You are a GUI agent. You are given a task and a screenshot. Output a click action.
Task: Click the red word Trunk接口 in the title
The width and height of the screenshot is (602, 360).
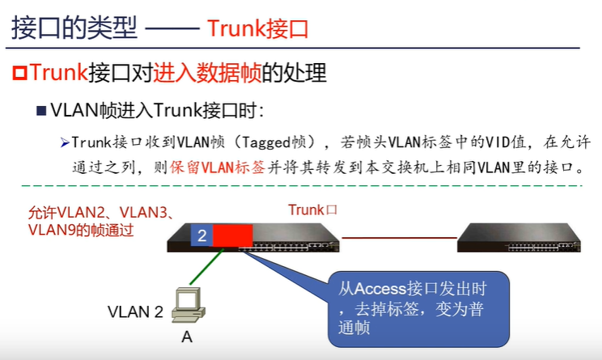pyautogui.click(x=257, y=29)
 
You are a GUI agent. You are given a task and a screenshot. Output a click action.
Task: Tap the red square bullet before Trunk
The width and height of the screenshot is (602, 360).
pyautogui.click(x=19, y=74)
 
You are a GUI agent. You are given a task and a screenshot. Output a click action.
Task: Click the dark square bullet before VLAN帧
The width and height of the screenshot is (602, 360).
pyautogui.click(x=40, y=110)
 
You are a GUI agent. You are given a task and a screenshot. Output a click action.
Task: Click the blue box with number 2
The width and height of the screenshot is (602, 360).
pyautogui.click(x=201, y=235)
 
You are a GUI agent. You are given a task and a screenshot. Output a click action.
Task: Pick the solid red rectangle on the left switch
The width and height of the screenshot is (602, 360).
pyautogui.click(x=233, y=235)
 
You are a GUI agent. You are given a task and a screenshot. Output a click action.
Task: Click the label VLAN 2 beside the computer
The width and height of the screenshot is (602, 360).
pyautogui.click(x=135, y=311)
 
